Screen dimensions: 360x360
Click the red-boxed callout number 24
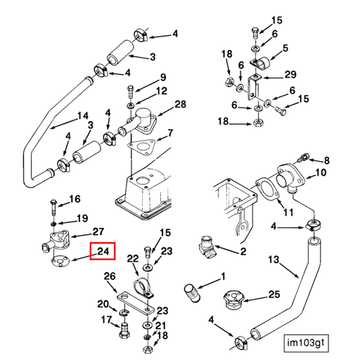103,251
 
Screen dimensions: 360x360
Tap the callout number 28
180,104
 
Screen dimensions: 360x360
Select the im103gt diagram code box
306,343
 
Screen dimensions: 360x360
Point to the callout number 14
83,116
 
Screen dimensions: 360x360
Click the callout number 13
274,259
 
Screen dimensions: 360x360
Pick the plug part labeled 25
234,300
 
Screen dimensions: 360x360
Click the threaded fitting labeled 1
192,293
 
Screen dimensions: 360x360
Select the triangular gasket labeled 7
141,146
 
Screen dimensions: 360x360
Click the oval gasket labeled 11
267,191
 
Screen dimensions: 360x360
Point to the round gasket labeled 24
60,261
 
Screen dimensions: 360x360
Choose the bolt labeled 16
53,207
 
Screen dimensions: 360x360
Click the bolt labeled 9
131,92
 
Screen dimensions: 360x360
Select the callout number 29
290,75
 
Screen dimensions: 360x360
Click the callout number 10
321,173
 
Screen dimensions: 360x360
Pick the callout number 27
98,232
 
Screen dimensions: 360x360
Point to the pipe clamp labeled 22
143,288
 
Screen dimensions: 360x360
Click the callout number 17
107,319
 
